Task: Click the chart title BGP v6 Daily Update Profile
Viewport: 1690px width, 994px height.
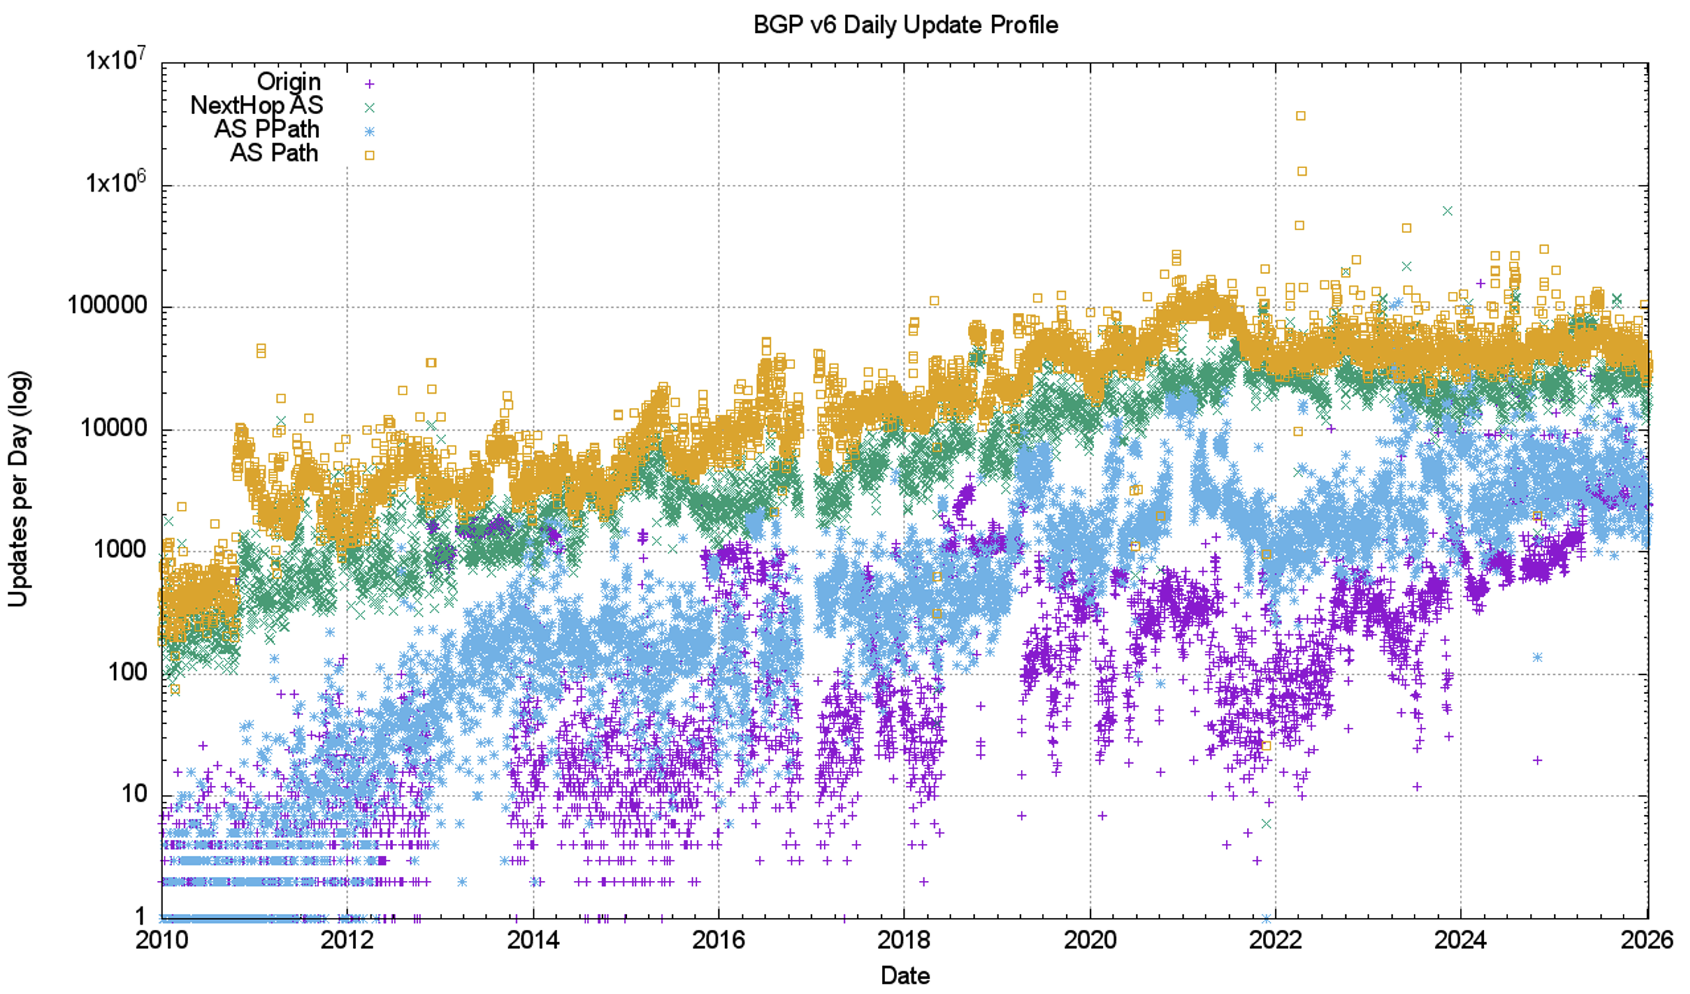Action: click(x=905, y=25)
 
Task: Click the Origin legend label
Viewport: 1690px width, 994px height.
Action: click(x=288, y=81)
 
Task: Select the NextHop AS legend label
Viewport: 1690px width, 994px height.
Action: click(x=257, y=106)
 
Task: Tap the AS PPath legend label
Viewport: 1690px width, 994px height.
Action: click(x=266, y=129)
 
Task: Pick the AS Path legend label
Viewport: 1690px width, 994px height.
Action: click(x=274, y=153)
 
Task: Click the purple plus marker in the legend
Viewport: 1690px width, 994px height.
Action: click(x=370, y=84)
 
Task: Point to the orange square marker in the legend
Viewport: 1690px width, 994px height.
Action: click(x=370, y=155)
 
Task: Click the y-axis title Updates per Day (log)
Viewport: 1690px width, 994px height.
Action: click(x=18, y=489)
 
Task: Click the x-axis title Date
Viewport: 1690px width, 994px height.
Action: click(x=905, y=976)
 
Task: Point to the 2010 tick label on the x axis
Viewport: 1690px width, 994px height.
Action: click(x=162, y=940)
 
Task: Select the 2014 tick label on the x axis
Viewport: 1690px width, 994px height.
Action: click(x=533, y=940)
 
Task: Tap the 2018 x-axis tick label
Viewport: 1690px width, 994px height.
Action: click(x=904, y=940)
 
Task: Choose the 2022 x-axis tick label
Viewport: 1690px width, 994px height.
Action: click(x=1275, y=940)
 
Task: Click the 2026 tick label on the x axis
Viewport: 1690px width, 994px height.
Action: click(x=1646, y=940)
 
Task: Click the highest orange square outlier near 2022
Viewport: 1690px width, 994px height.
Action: click(x=1301, y=115)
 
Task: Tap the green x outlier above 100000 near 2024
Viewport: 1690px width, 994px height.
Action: click(x=1447, y=211)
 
